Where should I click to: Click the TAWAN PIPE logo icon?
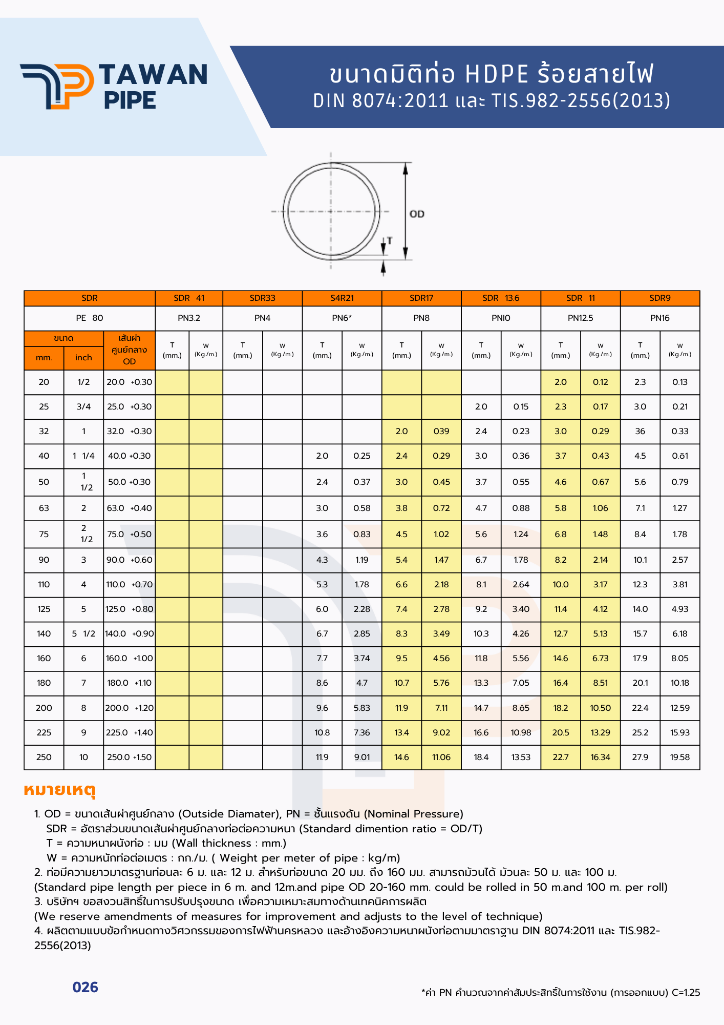coord(57,86)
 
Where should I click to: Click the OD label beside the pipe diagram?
coord(417,214)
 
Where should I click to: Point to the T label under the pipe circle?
coord(390,240)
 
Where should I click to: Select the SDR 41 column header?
coord(189,298)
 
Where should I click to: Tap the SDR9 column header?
coord(659,298)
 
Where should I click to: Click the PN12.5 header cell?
coord(580,318)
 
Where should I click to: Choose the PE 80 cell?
coord(90,318)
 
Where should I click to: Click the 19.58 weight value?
coord(680,757)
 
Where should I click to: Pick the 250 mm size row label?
coord(44,757)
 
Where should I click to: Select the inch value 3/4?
coord(83,407)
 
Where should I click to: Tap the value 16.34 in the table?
coord(600,757)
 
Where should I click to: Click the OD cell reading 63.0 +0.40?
coord(129,508)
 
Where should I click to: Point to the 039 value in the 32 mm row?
coord(441,432)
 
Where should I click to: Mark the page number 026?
coord(86,988)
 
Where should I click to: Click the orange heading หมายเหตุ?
coord(60,790)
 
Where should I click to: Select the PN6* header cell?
coord(342,318)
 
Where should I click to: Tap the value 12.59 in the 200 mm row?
coord(680,708)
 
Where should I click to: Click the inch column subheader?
coord(83,358)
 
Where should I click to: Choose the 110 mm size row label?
coord(44,585)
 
